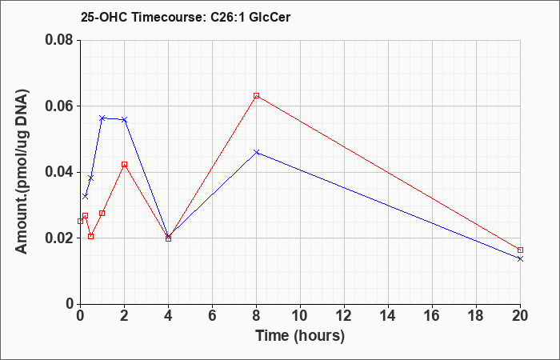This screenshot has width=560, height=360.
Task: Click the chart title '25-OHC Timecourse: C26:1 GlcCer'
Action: click(x=186, y=17)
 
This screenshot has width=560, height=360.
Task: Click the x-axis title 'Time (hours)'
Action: click(x=300, y=336)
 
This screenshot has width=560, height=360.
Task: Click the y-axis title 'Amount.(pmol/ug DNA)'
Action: click(x=22, y=172)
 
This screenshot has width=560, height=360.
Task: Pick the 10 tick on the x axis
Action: click(x=300, y=316)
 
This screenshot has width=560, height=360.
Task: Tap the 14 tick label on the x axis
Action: click(x=388, y=316)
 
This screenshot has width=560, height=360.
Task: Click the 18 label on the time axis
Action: click(x=477, y=316)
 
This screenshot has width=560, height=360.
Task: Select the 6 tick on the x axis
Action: click(x=212, y=316)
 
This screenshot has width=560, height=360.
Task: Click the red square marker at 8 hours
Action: click(x=256, y=96)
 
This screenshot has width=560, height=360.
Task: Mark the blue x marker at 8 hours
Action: click(x=256, y=152)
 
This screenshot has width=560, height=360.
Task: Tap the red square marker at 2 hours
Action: click(x=124, y=165)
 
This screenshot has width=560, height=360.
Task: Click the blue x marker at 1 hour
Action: click(x=102, y=118)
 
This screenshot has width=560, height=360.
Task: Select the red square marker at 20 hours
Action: click(x=520, y=250)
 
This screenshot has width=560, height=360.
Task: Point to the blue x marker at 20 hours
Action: click(x=520, y=258)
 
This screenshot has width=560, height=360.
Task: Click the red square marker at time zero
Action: click(x=80, y=222)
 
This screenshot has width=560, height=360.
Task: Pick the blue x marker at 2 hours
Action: click(x=124, y=120)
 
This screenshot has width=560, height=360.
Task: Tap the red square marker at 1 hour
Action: click(x=102, y=214)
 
